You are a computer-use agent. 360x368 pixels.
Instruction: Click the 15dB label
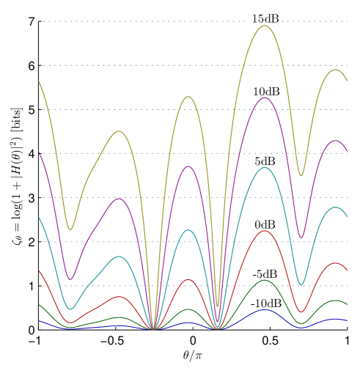pyautogui.click(x=265, y=18)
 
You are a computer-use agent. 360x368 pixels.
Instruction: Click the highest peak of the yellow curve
pyautogui.click(x=265, y=26)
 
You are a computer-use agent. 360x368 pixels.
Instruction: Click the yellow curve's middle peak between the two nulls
pyautogui.click(x=188, y=97)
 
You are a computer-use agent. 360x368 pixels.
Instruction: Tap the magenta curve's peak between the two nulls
pyautogui.click(x=188, y=166)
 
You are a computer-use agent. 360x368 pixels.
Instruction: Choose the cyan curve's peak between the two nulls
pyautogui.click(x=188, y=230)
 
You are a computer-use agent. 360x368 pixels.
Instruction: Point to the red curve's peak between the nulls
pyautogui.click(x=188, y=279)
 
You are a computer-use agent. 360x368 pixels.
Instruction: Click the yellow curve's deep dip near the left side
pyautogui.click(x=70, y=229)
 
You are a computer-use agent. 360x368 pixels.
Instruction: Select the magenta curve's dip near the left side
pyautogui.click(x=70, y=279)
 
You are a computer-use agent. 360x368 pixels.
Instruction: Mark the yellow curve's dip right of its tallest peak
pyautogui.click(x=301, y=176)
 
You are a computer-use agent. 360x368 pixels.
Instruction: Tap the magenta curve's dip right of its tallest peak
pyautogui.click(x=301, y=238)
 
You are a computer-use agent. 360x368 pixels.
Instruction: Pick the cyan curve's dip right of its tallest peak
pyautogui.click(x=301, y=284)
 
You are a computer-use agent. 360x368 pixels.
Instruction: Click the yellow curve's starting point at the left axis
pyautogui.click(x=39, y=81)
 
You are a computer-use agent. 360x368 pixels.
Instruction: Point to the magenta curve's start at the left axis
pyautogui.click(x=39, y=152)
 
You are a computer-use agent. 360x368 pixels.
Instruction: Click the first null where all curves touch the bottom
pyautogui.click(x=153, y=329)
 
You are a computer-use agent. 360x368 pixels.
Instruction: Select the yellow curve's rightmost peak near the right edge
pyautogui.click(x=336, y=70)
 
